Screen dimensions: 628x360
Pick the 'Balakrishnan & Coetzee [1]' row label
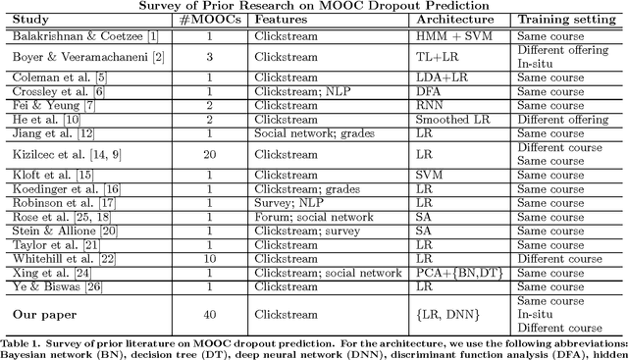tap(67, 36)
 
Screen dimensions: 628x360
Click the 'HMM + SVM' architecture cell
tap(450, 36)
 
